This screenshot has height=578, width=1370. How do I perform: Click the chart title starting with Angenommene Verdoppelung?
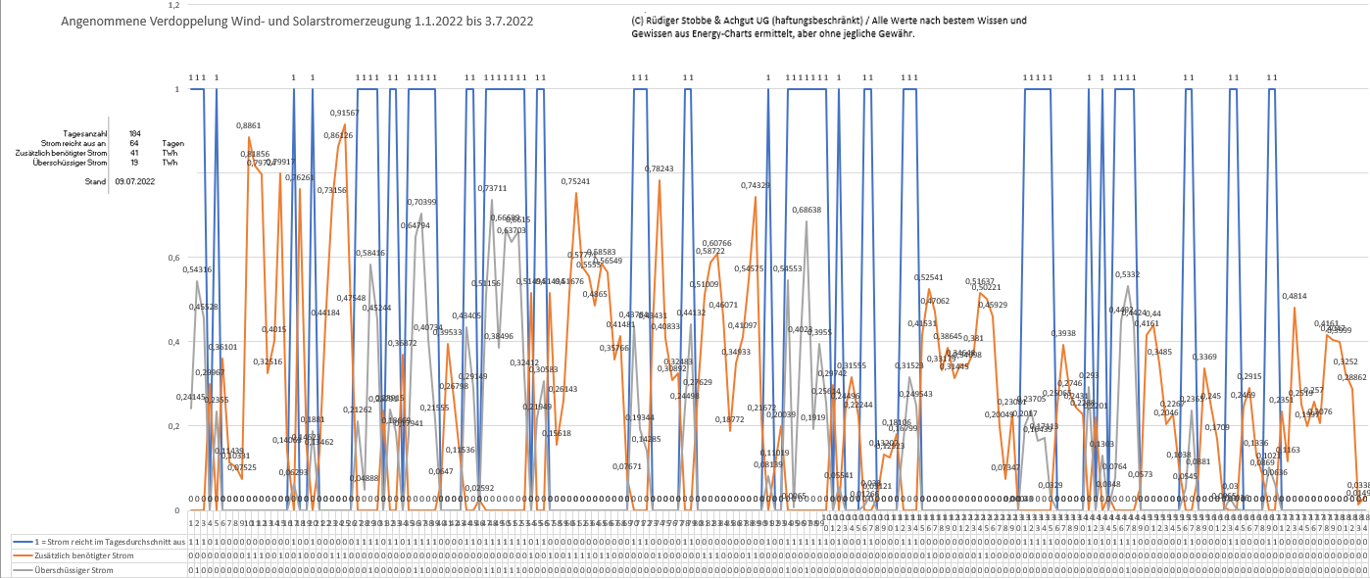point(297,21)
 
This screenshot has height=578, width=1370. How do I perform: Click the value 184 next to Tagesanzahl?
point(134,133)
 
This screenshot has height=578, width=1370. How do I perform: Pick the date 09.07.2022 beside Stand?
point(134,182)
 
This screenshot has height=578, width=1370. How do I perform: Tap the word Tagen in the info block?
point(173,143)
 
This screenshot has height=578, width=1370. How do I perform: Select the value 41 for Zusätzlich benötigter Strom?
point(134,153)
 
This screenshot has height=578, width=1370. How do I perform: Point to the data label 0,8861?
point(249,126)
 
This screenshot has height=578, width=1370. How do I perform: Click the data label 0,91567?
point(345,114)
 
